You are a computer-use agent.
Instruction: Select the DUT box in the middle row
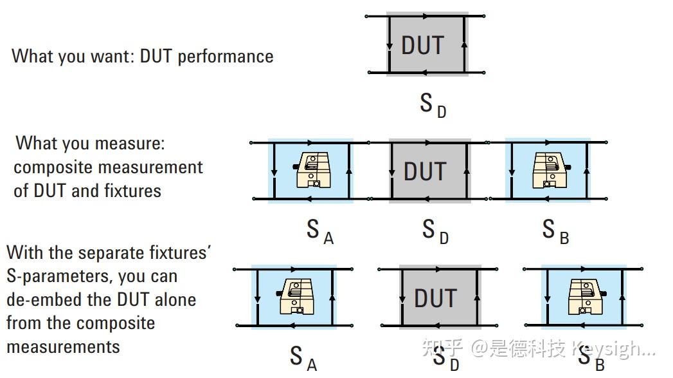tap(429, 171)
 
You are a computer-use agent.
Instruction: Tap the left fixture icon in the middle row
tap(311, 171)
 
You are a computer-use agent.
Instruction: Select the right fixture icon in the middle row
tap(548, 171)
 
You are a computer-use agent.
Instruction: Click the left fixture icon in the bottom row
tap(295, 298)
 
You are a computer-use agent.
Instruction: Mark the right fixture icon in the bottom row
tap(584, 298)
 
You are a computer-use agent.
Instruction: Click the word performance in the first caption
tap(226, 57)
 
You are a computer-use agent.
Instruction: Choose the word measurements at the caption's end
tap(63, 347)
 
